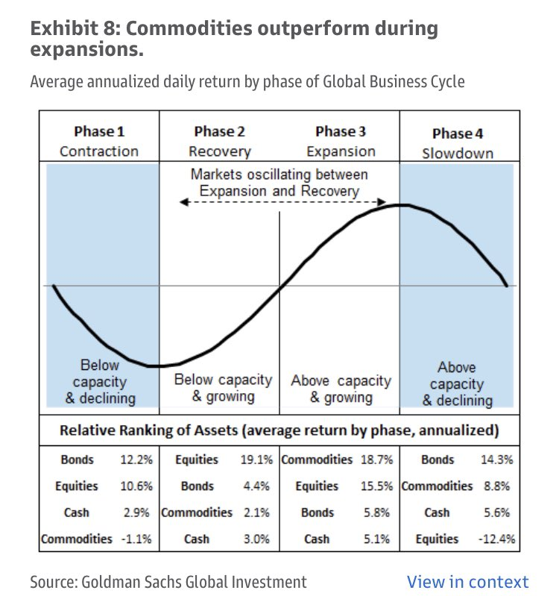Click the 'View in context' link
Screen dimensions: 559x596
coord(467,582)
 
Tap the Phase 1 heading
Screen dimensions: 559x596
coord(99,131)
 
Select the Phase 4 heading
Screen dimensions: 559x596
coord(458,134)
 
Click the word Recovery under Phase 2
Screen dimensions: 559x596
coord(220,151)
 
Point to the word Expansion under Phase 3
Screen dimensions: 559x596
coord(341,151)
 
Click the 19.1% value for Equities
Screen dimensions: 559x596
coord(256,459)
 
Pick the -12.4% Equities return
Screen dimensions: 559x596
coord(496,539)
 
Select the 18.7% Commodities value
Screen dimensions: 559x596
coord(376,459)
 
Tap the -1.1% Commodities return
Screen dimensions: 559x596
coord(136,539)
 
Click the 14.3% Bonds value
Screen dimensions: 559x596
coord(496,459)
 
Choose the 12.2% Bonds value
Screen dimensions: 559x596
coord(136,459)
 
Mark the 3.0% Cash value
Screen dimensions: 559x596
coord(256,539)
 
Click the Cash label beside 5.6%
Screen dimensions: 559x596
coord(437,512)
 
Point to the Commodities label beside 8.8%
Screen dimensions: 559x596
coord(437,486)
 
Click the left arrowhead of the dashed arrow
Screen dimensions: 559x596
coord(183,202)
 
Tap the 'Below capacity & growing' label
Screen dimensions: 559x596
coord(224,388)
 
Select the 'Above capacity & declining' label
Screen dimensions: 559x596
coord(457,384)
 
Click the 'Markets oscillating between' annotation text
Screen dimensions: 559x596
coord(279,175)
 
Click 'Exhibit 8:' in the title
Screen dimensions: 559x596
coord(75,28)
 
